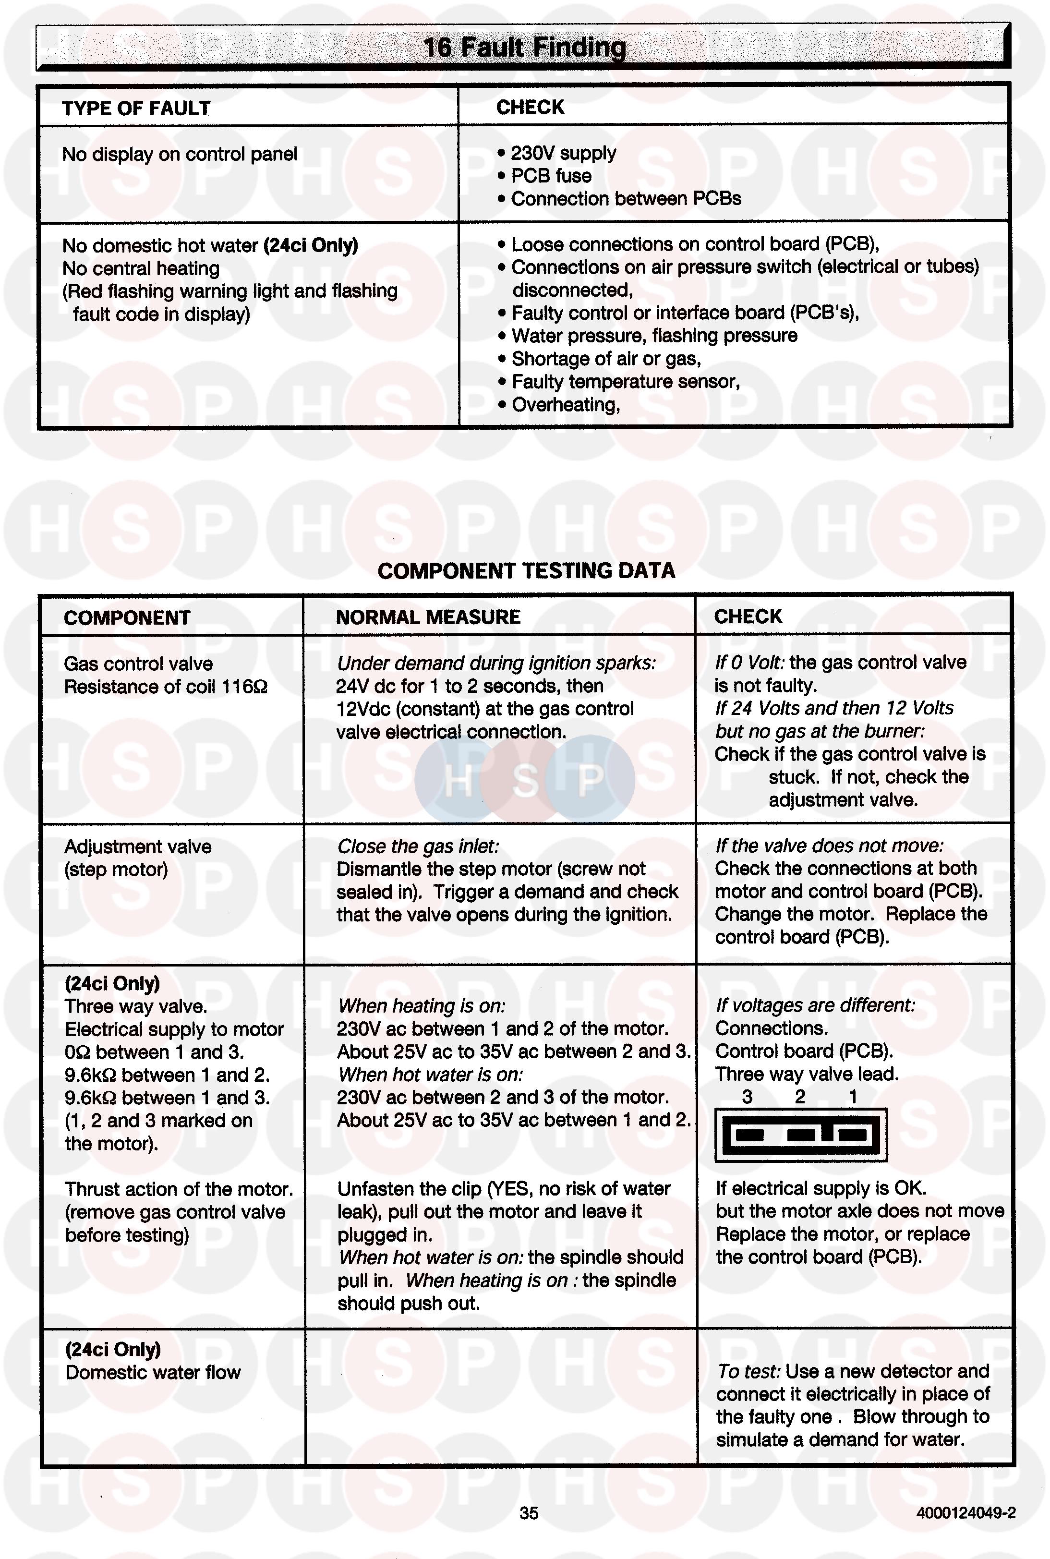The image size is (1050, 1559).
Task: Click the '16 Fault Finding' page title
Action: coord(524,48)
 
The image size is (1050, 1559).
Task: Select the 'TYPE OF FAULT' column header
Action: coord(136,109)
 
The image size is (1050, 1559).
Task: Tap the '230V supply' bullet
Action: coord(563,153)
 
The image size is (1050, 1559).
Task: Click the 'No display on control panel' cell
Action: coord(180,155)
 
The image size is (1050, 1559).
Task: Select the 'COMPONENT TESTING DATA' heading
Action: coord(526,570)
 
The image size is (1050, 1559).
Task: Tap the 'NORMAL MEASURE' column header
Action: coord(428,617)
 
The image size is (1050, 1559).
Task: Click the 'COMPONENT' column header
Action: coord(127,617)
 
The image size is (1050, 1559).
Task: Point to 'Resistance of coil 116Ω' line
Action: coord(166,687)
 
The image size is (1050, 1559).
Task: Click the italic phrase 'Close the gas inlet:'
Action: coord(418,846)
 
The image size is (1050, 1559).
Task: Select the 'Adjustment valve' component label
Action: coord(138,847)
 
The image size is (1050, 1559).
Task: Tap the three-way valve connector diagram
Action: coord(801,1135)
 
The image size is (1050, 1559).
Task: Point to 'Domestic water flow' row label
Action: coord(153,1373)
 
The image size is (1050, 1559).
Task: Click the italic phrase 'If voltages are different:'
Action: coord(815,1005)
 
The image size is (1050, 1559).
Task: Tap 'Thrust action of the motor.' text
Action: coord(179,1189)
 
